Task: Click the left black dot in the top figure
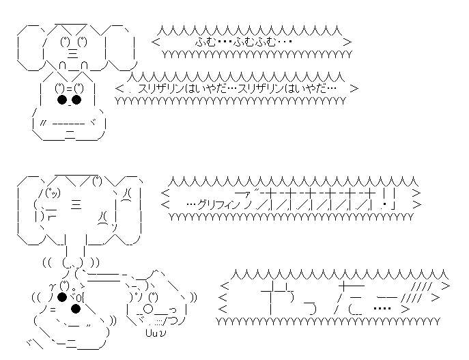61,100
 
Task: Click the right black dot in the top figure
76,100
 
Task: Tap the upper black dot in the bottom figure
62,296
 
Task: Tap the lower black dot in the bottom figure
76,308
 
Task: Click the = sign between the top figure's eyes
69,87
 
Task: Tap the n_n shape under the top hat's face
75,65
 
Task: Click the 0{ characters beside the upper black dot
79,297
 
